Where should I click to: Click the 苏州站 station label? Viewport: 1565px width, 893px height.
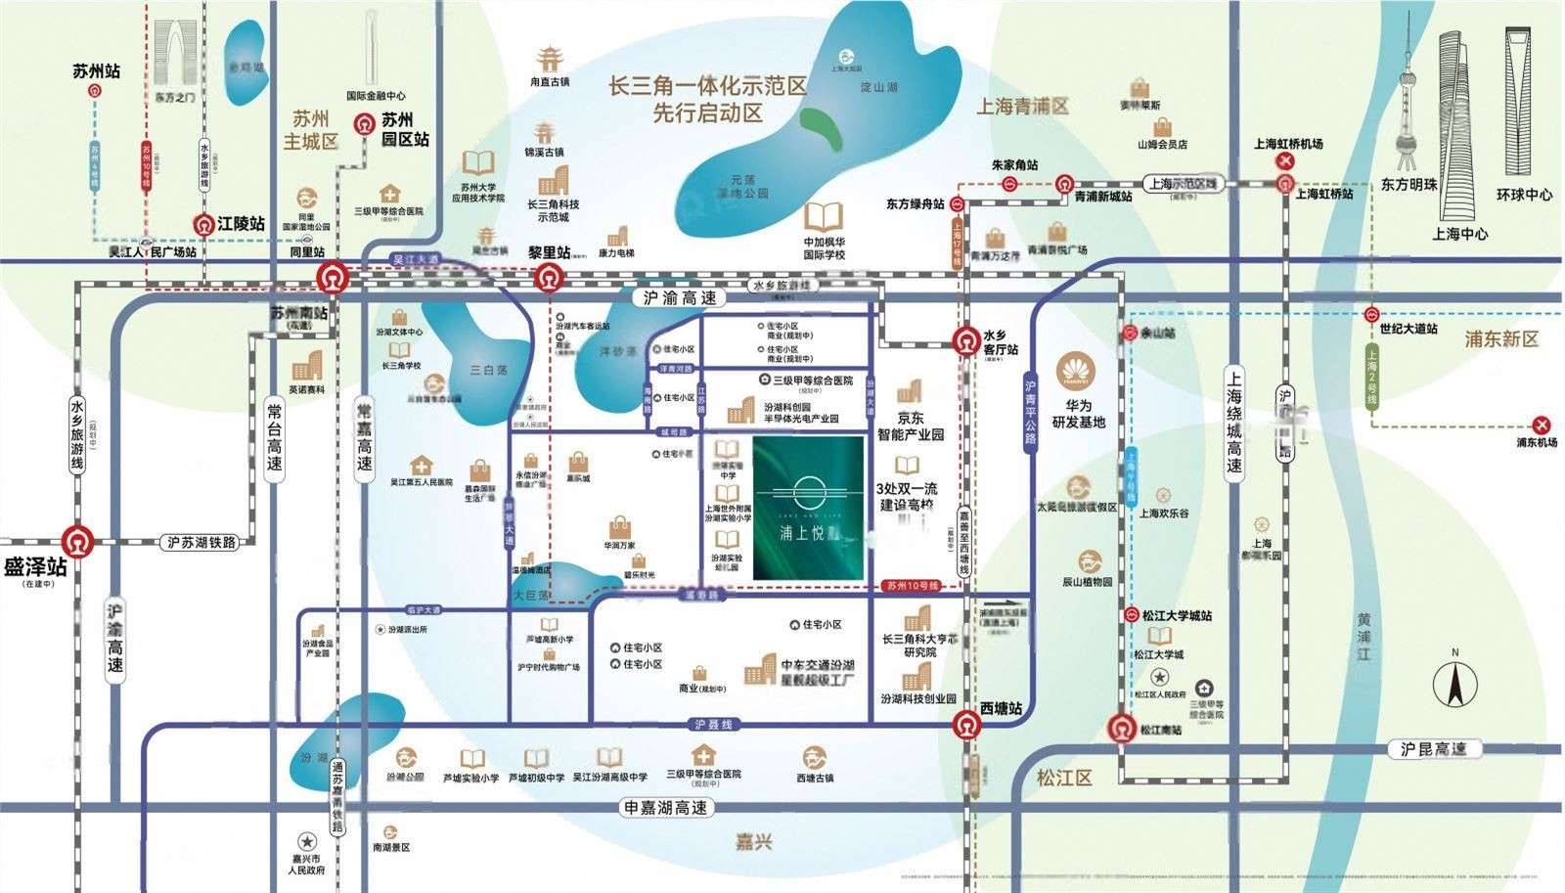point(96,71)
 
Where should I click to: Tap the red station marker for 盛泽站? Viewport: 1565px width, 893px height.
point(76,540)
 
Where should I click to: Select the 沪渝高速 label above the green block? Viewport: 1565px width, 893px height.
point(680,297)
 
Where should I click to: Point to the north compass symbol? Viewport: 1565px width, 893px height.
point(1454,683)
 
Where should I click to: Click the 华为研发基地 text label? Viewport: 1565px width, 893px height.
point(1078,414)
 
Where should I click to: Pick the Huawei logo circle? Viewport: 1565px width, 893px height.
point(1077,372)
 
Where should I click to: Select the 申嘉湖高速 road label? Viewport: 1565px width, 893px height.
point(664,809)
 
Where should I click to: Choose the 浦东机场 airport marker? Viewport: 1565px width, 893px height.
point(1543,424)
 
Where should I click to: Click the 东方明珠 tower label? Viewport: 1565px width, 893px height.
point(1408,185)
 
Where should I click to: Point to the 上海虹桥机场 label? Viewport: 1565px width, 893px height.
point(1288,144)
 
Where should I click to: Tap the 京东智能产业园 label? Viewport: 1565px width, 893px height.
point(911,425)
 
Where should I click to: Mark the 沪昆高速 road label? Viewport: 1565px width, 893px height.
point(1433,749)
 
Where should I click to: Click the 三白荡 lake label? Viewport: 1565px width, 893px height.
point(489,371)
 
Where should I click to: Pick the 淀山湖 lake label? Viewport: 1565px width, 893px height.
point(877,87)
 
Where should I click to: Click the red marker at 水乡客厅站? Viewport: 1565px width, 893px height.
point(966,339)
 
